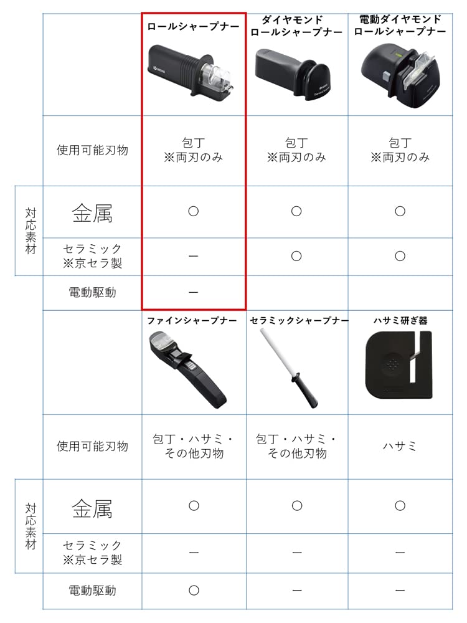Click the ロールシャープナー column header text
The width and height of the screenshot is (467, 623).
193,27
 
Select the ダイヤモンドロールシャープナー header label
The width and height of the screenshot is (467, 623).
296,26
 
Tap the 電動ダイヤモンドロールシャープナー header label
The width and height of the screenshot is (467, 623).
400,25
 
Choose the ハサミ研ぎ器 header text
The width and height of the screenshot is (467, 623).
400,321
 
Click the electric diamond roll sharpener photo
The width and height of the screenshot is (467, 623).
401,75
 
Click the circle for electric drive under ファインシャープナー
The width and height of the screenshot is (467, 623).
193,590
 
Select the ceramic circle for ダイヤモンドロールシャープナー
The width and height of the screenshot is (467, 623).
296,256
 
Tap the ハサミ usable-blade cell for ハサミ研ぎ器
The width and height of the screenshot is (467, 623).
400,446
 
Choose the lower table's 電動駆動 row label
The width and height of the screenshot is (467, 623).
92,590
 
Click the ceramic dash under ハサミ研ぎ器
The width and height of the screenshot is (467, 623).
400,552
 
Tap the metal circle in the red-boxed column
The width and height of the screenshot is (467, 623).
193,211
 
